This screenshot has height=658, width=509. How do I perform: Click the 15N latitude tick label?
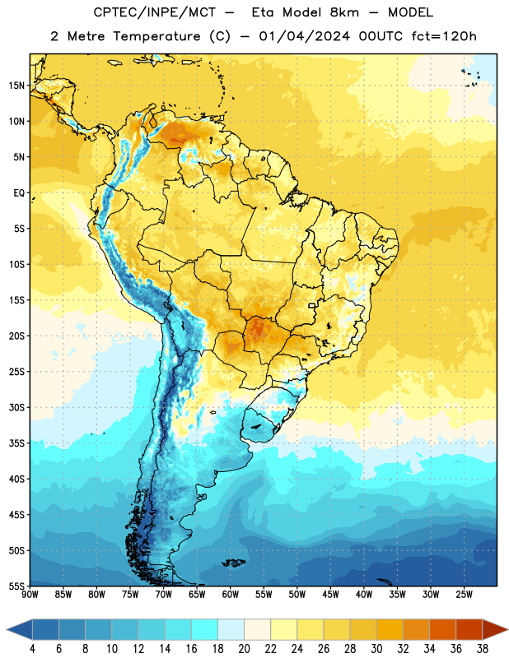(16, 86)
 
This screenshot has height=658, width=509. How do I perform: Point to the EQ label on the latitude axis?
(18, 193)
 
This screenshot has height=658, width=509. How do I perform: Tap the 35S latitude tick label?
(16, 443)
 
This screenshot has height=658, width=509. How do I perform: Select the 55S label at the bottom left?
(16, 586)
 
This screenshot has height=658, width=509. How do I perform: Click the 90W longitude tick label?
(30, 595)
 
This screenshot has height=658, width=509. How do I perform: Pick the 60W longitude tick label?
(231, 595)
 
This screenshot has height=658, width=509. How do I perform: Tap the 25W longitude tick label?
(464, 595)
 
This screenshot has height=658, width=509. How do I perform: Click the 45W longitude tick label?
(330, 595)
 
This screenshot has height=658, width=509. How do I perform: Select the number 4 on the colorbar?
(32, 649)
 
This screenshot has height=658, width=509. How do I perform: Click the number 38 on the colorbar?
(483, 649)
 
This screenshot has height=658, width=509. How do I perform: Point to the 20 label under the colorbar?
(244, 649)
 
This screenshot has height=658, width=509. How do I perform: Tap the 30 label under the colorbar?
(376, 649)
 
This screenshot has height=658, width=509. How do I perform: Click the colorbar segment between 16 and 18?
(205, 629)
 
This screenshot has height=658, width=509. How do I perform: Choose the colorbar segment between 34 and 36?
(443, 629)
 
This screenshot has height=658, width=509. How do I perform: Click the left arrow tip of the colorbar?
(7, 629)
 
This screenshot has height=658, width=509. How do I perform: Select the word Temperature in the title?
(156, 36)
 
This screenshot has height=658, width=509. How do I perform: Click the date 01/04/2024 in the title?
(305, 36)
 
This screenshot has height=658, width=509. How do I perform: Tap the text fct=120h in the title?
(444, 36)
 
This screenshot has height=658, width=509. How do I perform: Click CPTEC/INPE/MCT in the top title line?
(155, 12)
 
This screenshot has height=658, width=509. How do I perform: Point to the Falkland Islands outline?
(233, 563)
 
